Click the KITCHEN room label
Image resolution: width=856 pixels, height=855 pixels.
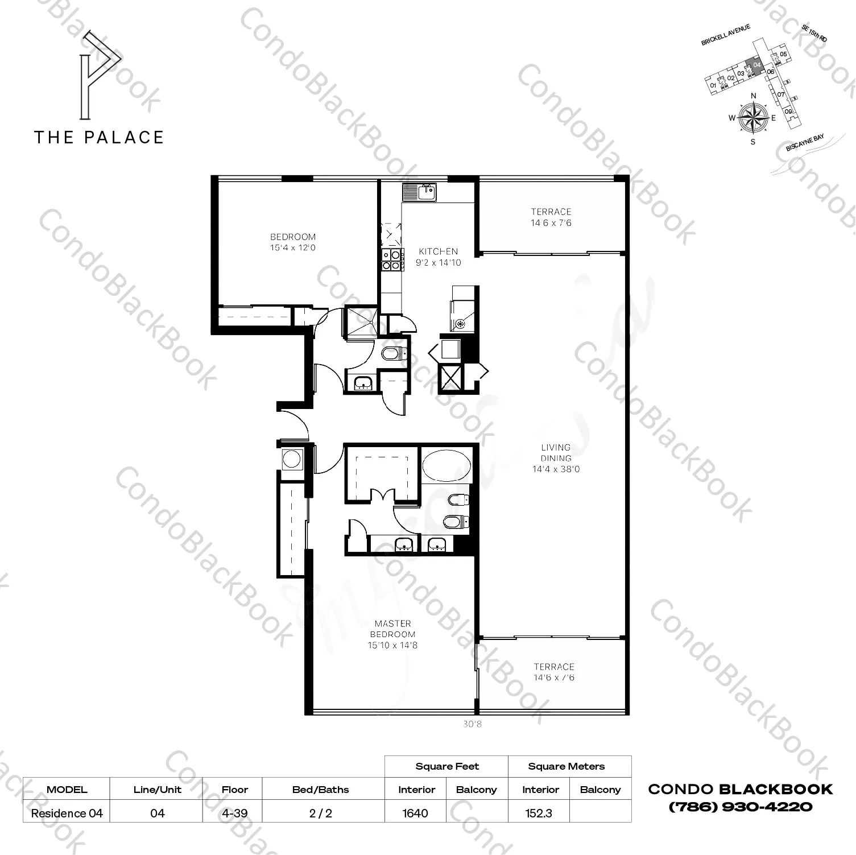(438, 251)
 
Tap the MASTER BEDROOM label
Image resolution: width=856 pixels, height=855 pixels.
(393, 629)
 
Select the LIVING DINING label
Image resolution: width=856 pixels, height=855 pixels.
(556, 453)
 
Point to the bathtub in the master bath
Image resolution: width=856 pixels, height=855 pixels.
(446, 465)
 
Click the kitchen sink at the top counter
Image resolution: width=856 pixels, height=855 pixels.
(419, 193)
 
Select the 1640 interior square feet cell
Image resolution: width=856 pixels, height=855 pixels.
(415, 813)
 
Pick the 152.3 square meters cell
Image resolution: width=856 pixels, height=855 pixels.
(539, 813)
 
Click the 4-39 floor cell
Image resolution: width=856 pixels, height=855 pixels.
(235, 813)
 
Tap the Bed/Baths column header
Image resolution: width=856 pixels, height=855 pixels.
(321, 790)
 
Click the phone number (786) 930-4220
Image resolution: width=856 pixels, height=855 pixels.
(741, 806)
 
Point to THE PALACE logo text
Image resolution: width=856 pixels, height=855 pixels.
(100, 137)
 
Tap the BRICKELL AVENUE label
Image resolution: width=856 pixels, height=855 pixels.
(726, 35)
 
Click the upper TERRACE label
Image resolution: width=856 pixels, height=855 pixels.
(551, 212)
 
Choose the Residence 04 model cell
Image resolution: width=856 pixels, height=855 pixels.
(67, 813)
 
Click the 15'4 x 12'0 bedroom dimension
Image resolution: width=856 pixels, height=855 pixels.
(293, 248)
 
